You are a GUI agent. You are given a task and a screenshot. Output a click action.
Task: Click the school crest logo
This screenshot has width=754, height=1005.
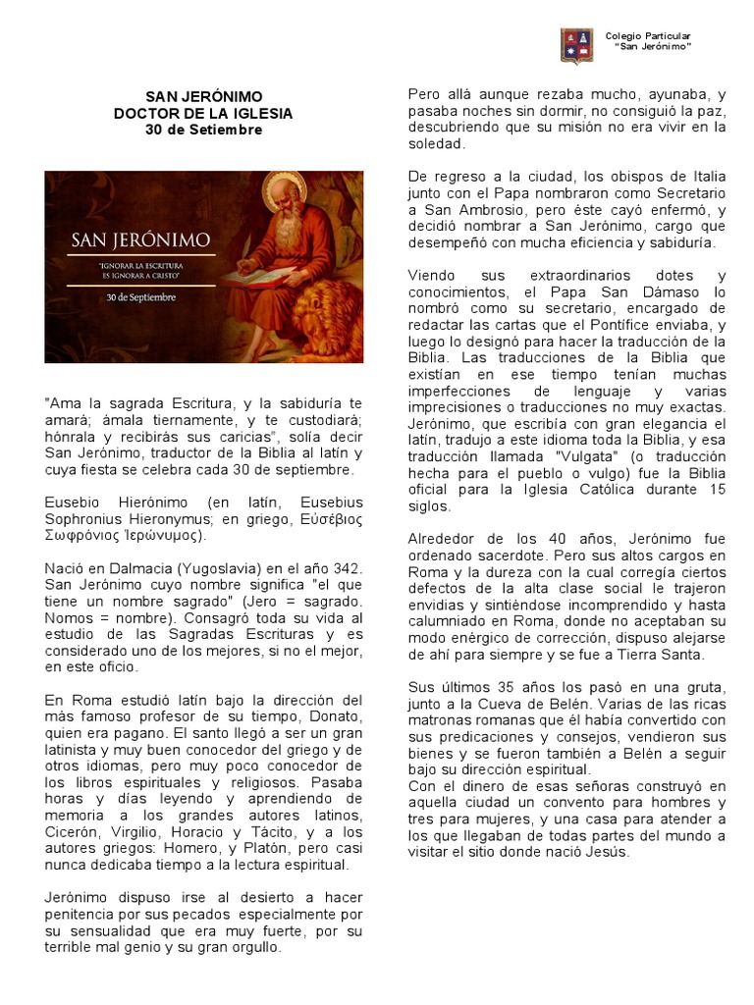(576, 45)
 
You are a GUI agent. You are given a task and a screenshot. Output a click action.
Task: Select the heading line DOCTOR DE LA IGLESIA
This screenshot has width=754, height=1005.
(203, 114)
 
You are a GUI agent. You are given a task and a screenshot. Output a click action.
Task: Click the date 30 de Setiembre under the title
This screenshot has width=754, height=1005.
(203, 130)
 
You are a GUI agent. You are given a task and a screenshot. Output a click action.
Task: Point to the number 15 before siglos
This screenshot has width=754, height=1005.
(717, 490)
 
